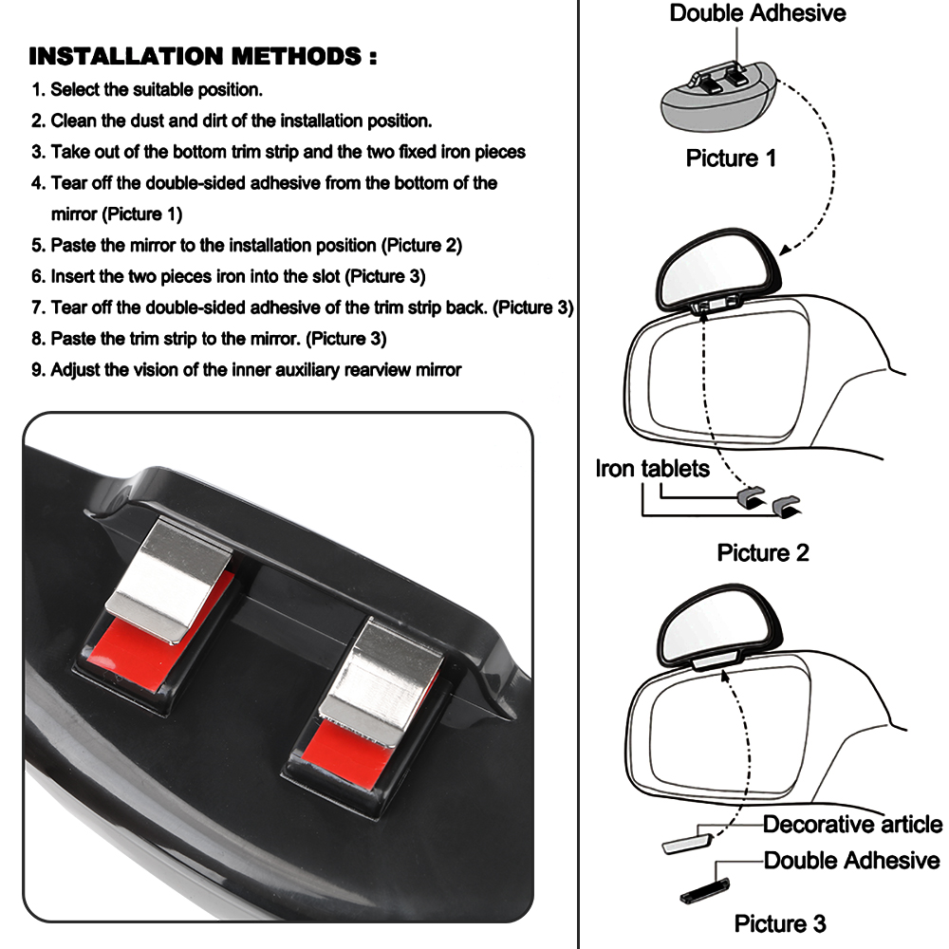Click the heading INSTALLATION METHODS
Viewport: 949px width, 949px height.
click(x=202, y=56)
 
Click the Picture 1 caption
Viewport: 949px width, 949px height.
click(x=731, y=158)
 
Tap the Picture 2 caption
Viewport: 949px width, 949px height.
click(x=763, y=552)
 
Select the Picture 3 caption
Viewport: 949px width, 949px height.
click(x=780, y=922)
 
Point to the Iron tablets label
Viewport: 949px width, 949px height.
click(x=652, y=468)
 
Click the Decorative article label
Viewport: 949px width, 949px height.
click(x=852, y=824)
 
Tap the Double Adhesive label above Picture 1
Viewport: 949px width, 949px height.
click(x=757, y=13)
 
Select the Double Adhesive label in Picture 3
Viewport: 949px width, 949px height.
click(x=851, y=860)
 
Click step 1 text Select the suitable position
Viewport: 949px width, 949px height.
click(x=147, y=90)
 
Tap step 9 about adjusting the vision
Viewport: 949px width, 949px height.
click(x=247, y=369)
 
